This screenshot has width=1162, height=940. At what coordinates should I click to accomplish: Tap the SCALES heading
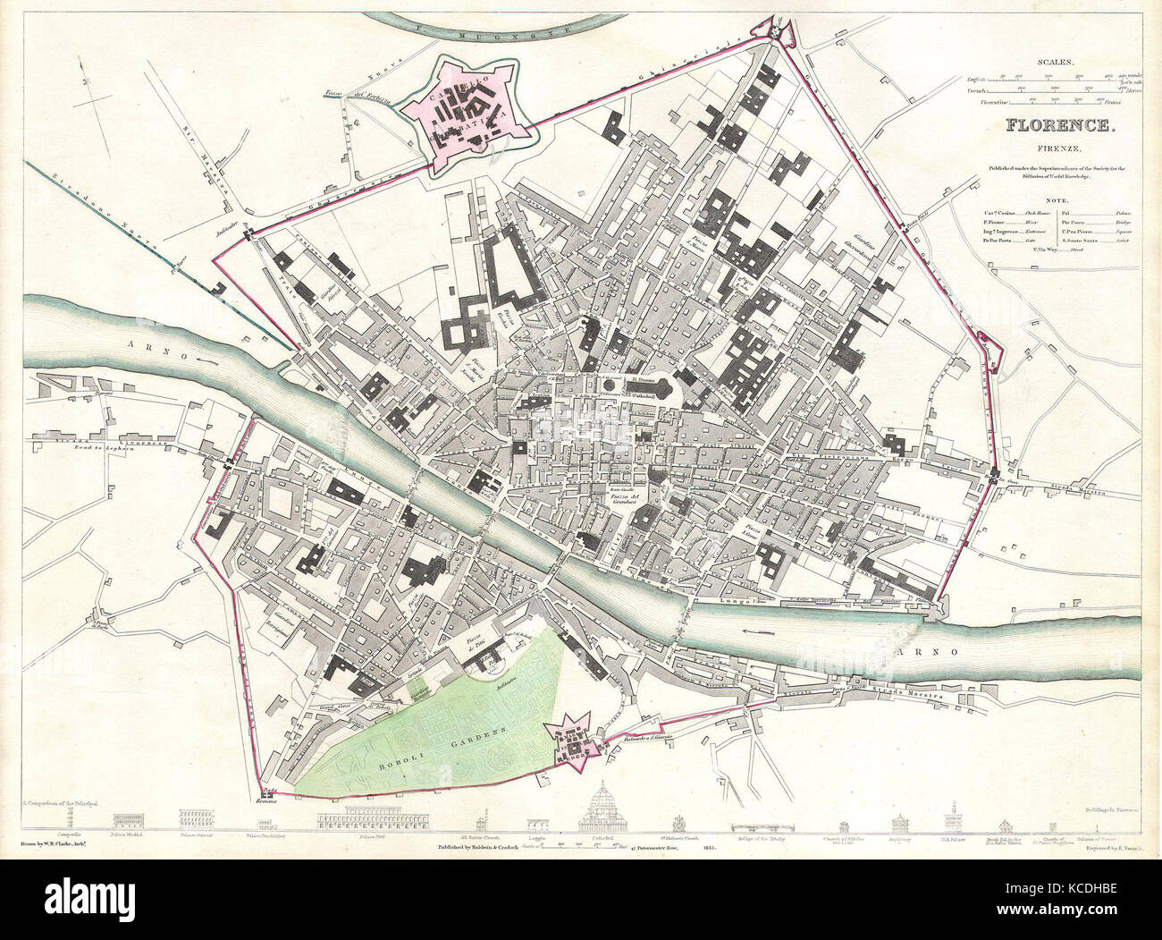tap(1056, 63)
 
